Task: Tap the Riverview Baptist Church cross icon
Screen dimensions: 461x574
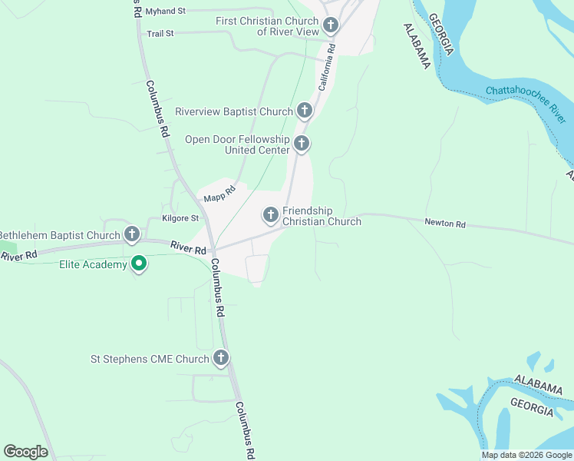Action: pyautogui.click(x=305, y=111)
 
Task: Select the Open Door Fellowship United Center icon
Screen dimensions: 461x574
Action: pyautogui.click(x=302, y=144)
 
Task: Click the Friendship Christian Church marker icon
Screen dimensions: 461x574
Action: pyautogui.click(x=271, y=216)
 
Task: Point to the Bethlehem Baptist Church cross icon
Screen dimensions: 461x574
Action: pyautogui.click(x=132, y=234)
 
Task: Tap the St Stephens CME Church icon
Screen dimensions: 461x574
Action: pyautogui.click(x=221, y=358)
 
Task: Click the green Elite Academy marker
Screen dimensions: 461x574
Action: pyautogui.click(x=139, y=264)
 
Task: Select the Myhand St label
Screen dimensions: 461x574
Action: pyautogui.click(x=166, y=12)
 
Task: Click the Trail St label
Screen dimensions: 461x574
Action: pyautogui.click(x=160, y=34)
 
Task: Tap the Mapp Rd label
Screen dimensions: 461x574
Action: pyautogui.click(x=219, y=194)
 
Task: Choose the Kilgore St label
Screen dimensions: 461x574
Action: pyautogui.click(x=180, y=218)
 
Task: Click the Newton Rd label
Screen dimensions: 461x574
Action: pyautogui.click(x=445, y=224)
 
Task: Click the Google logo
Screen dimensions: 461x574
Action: pyautogui.click(x=25, y=452)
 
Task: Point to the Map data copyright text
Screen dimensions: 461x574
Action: pyautogui.click(x=526, y=455)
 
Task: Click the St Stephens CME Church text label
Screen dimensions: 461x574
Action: pyautogui.click(x=150, y=359)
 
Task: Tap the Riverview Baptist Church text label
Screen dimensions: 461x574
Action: pyautogui.click(x=234, y=111)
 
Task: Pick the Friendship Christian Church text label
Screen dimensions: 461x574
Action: pyautogui.click(x=322, y=216)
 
